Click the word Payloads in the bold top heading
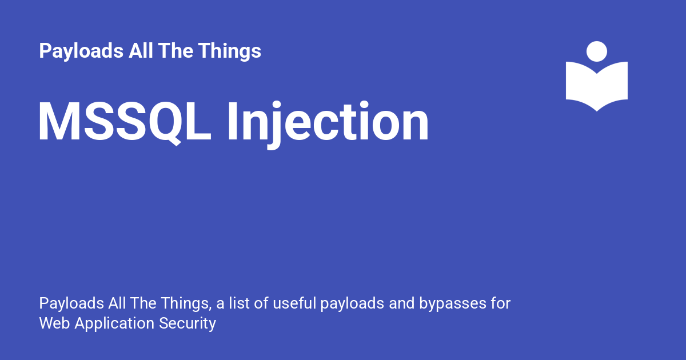[81, 51]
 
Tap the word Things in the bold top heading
[230, 51]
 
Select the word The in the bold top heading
[176, 50]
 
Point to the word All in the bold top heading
[141, 50]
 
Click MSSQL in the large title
[125, 122]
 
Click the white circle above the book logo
[597, 51]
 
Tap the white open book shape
[597, 86]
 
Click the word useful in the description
[294, 303]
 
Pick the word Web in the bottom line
[54, 323]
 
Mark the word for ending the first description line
[501, 303]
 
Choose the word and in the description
[401, 303]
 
